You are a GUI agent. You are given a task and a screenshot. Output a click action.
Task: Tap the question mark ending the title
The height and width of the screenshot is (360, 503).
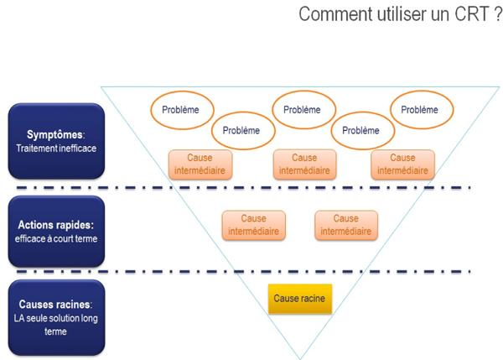point(495,14)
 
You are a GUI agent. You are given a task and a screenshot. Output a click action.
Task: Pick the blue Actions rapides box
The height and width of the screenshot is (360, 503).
point(56,232)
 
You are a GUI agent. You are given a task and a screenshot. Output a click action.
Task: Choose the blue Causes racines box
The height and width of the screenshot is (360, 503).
point(56,318)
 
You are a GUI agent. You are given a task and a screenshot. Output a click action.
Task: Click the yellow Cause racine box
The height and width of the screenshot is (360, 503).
point(300,298)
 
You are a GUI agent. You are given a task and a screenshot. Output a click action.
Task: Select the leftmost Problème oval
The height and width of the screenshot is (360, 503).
point(182,111)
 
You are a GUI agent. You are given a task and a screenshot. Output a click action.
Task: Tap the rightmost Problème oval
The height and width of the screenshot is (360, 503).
point(418,110)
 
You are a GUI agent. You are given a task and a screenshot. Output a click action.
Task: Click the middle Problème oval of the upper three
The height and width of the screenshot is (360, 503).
point(302,110)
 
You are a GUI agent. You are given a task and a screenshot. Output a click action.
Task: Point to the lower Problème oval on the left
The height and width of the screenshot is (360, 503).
point(241,131)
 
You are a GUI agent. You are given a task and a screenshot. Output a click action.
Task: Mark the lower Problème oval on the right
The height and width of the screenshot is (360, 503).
point(360,131)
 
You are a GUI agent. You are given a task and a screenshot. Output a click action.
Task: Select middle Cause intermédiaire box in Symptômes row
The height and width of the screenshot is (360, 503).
point(304,164)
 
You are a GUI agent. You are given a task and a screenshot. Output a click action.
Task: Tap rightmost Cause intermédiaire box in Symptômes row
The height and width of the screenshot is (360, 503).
point(402,164)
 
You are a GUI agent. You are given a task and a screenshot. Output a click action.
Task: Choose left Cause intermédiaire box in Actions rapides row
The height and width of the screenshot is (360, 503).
point(252,225)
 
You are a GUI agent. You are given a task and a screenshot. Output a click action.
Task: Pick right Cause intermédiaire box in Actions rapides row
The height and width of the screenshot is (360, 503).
point(345,225)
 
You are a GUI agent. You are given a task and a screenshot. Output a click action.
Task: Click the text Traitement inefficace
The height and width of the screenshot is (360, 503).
point(56,149)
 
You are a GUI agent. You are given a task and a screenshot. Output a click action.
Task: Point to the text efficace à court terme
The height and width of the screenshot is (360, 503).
point(56,239)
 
